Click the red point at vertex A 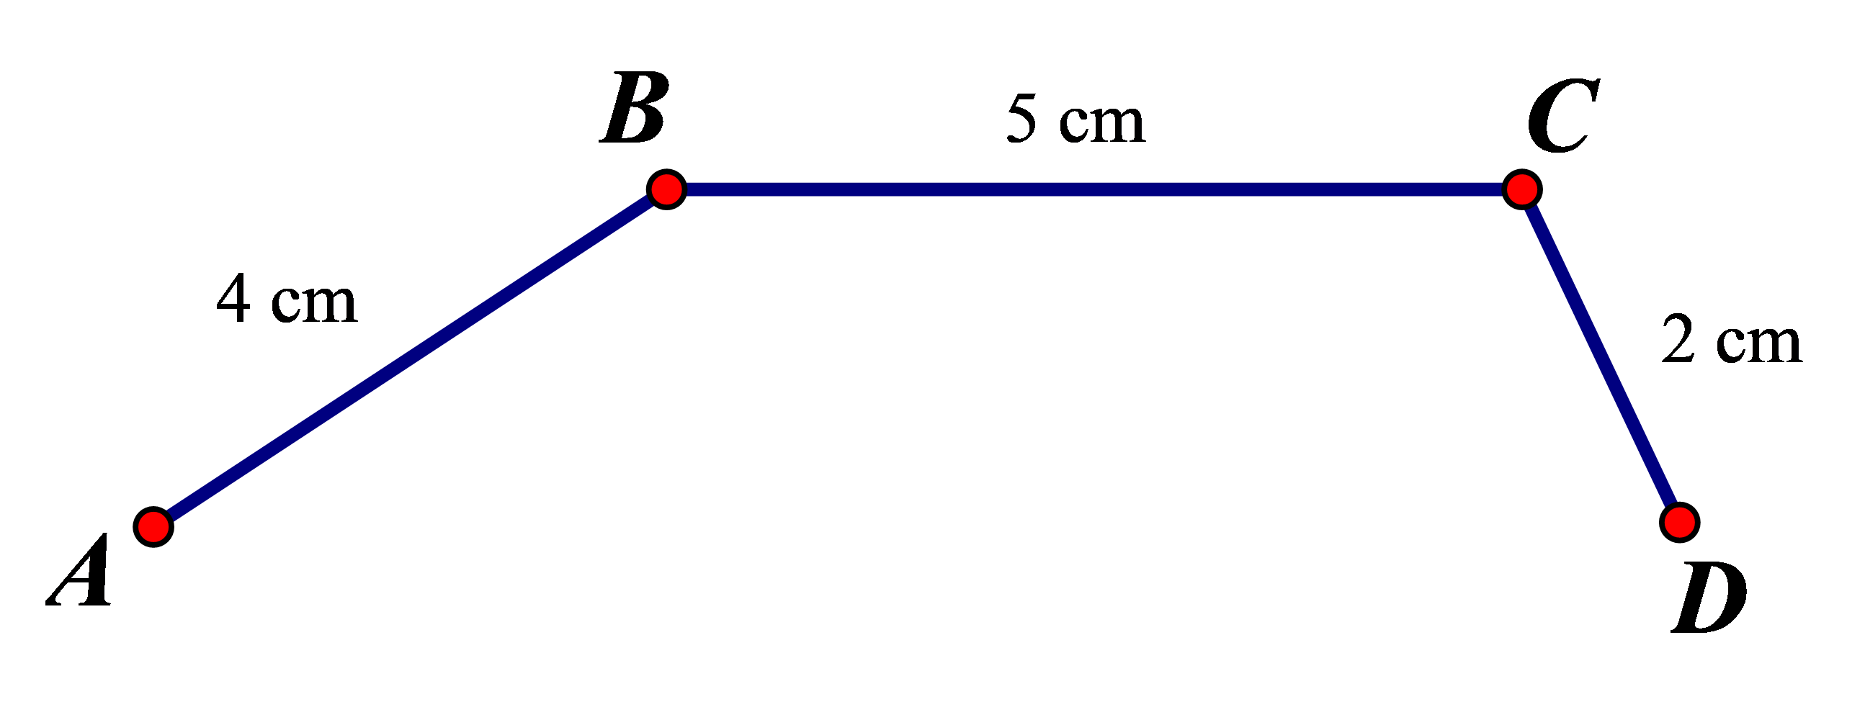pos(153,527)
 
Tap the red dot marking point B pos(666,189)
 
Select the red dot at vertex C pos(1522,189)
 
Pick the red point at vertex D pos(1680,523)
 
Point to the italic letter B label pos(634,109)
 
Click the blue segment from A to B pos(410,359)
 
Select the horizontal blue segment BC pos(1093,189)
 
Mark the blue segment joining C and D pos(1601,356)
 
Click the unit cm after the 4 pos(314,304)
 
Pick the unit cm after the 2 pos(1758,343)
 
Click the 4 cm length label pos(287,300)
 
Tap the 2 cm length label pos(1730,340)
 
